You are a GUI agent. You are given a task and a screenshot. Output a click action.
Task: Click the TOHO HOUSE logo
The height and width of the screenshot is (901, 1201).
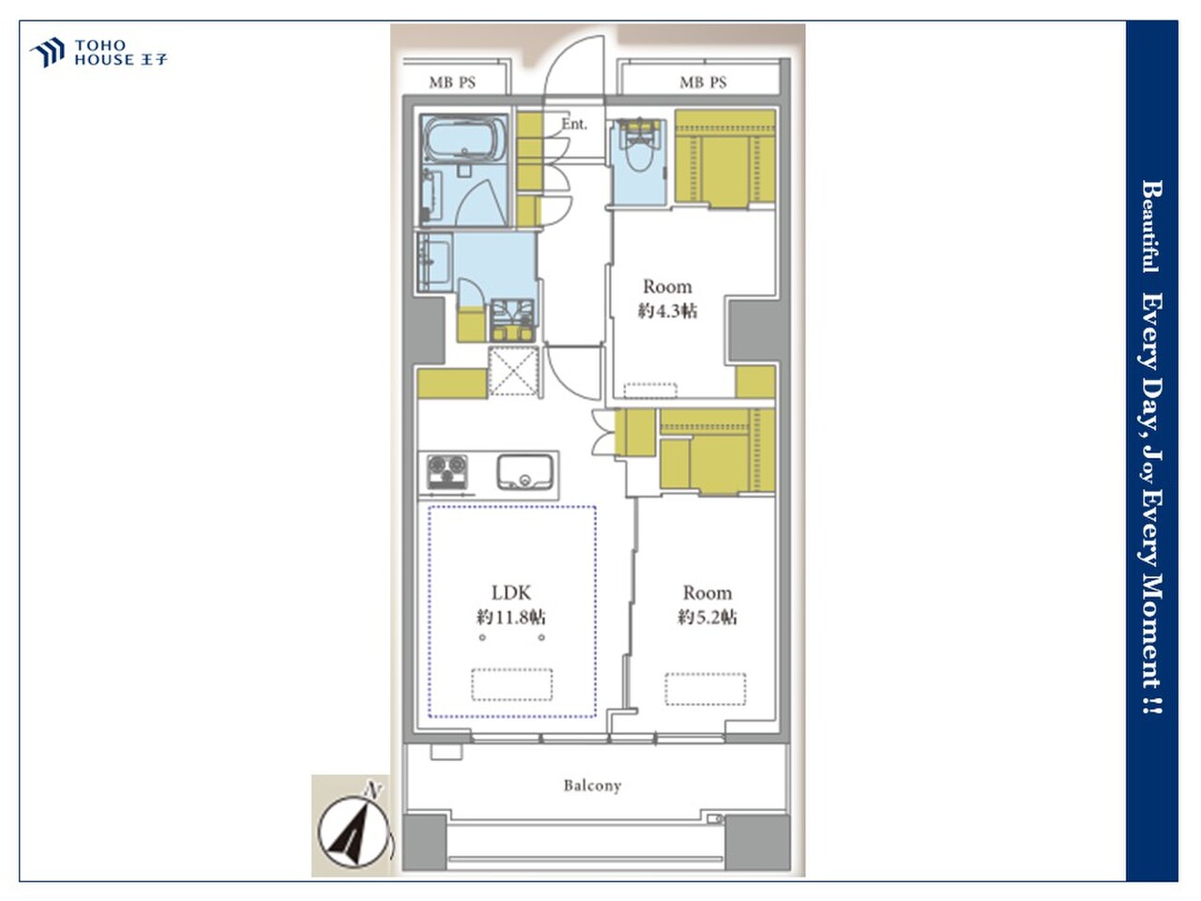[99, 53]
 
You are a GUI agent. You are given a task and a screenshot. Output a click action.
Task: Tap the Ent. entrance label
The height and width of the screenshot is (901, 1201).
[574, 124]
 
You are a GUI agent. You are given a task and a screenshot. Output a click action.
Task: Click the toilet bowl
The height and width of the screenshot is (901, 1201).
[639, 153]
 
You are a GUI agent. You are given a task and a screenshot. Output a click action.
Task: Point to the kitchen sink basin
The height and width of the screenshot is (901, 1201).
[524, 472]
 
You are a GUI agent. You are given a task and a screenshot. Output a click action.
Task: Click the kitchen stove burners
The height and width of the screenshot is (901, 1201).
[447, 472]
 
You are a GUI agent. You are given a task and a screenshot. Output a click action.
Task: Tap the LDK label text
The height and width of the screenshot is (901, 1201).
[511, 592]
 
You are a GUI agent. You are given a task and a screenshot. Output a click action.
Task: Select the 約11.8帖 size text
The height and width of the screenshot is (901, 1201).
[511, 617]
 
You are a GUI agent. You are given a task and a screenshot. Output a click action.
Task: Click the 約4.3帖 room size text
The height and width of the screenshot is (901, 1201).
[667, 311]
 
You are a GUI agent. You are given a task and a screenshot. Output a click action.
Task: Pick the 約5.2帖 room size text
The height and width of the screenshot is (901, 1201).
[707, 617]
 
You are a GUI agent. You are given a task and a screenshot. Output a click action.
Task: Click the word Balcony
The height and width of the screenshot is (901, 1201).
[593, 786]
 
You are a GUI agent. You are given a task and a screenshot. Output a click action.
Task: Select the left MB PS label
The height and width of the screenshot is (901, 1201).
[452, 83]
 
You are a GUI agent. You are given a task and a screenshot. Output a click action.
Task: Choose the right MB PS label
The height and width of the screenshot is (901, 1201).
[703, 83]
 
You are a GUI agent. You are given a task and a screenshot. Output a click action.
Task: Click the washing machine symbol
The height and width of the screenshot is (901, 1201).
[512, 320]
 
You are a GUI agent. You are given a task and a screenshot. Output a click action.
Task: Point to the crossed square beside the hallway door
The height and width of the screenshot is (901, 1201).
[513, 371]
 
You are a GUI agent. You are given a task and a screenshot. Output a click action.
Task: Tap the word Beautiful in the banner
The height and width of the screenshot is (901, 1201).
[1151, 227]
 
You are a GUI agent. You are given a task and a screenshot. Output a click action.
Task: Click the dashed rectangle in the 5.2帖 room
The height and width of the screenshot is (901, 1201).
[706, 689]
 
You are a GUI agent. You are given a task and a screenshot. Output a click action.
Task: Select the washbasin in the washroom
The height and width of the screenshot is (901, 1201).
[435, 262]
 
